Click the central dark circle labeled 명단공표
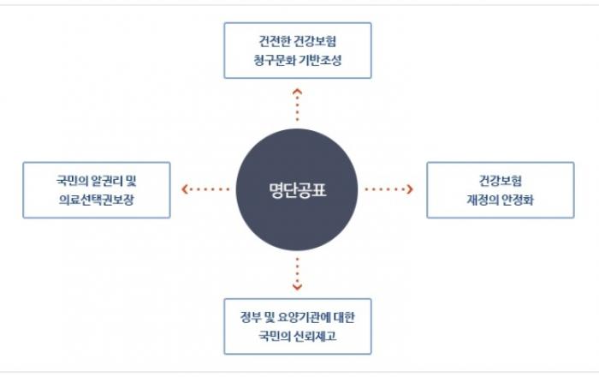[x=297, y=189]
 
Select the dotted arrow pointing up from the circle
[x=297, y=105]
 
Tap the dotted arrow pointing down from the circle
[x=297, y=274]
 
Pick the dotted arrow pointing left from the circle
[x=205, y=188]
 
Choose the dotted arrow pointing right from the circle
[x=388, y=188]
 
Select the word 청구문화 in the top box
[x=275, y=61]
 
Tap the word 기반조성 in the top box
[x=321, y=61]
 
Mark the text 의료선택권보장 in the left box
[x=96, y=200]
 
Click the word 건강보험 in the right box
[x=500, y=181]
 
